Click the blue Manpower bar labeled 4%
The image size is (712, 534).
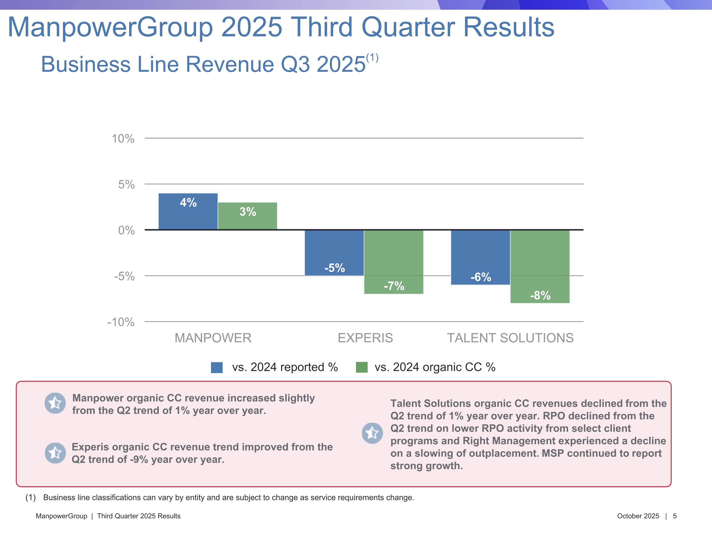pyautogui.click(x=188, y=211)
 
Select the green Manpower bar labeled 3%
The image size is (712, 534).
pyautogui.click(x=247, y=216)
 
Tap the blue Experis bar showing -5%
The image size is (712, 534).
pyautogui.click(x=334, y=253)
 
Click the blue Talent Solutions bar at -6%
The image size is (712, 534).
pyautogui.click(x=480, y=257)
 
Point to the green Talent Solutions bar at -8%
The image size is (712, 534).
pyautogui.click(x=540, y=266)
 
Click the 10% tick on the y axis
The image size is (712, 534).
pyautogui.click(x=123, y=139)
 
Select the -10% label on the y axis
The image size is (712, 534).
pyautogui.click(x=121, y=322)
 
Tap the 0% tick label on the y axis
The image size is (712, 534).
pyautogui.click(x=126, y=230)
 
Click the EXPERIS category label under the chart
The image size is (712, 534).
pyautogui.click(x=365, y=338)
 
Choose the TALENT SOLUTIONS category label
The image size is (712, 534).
pyautogui.click(x=510, y=338)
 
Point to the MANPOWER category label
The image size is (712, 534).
pyautogui.click(x=213, y=338)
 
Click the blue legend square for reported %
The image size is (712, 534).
pyautogui.click(x=217, y=367)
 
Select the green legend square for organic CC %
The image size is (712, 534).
pyautogui.click(x=361, y=367)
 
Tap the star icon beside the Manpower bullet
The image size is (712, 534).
pyautogui.click(x=55, y=403)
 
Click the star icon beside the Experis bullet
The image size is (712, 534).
pyautogui.click(x=55, y=453)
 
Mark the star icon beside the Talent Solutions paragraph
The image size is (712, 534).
pyautogui.click(x=372, y=433)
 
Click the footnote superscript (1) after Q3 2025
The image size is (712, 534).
pyautogui.click(x=372, y=58)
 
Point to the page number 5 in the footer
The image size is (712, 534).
pyautogui.click(x=675, y=516)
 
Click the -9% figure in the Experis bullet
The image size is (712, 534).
pyautogui.click(x=139, y=459)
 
